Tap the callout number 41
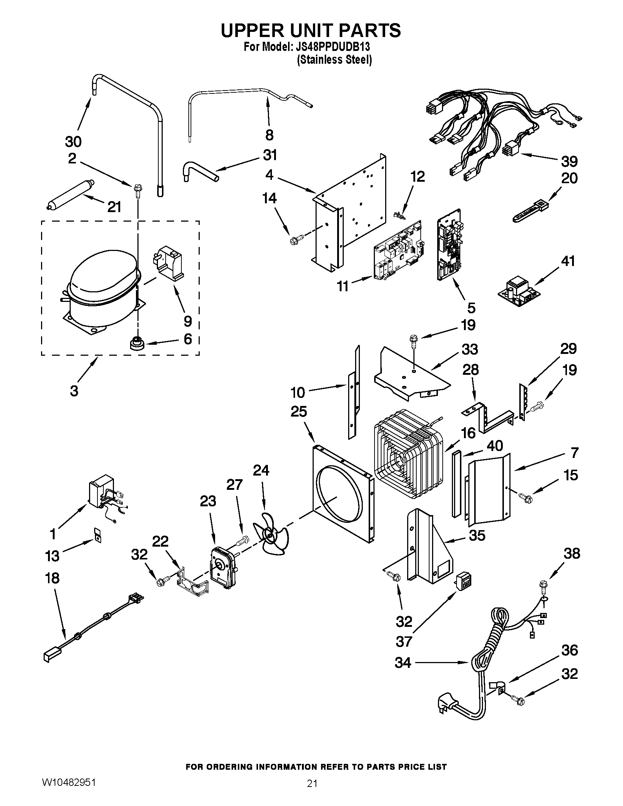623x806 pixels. tap(568, 261)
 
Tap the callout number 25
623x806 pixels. tap(299, 411)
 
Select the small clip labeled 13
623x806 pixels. tap(97, 536)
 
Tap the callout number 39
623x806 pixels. tap(569, 161)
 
